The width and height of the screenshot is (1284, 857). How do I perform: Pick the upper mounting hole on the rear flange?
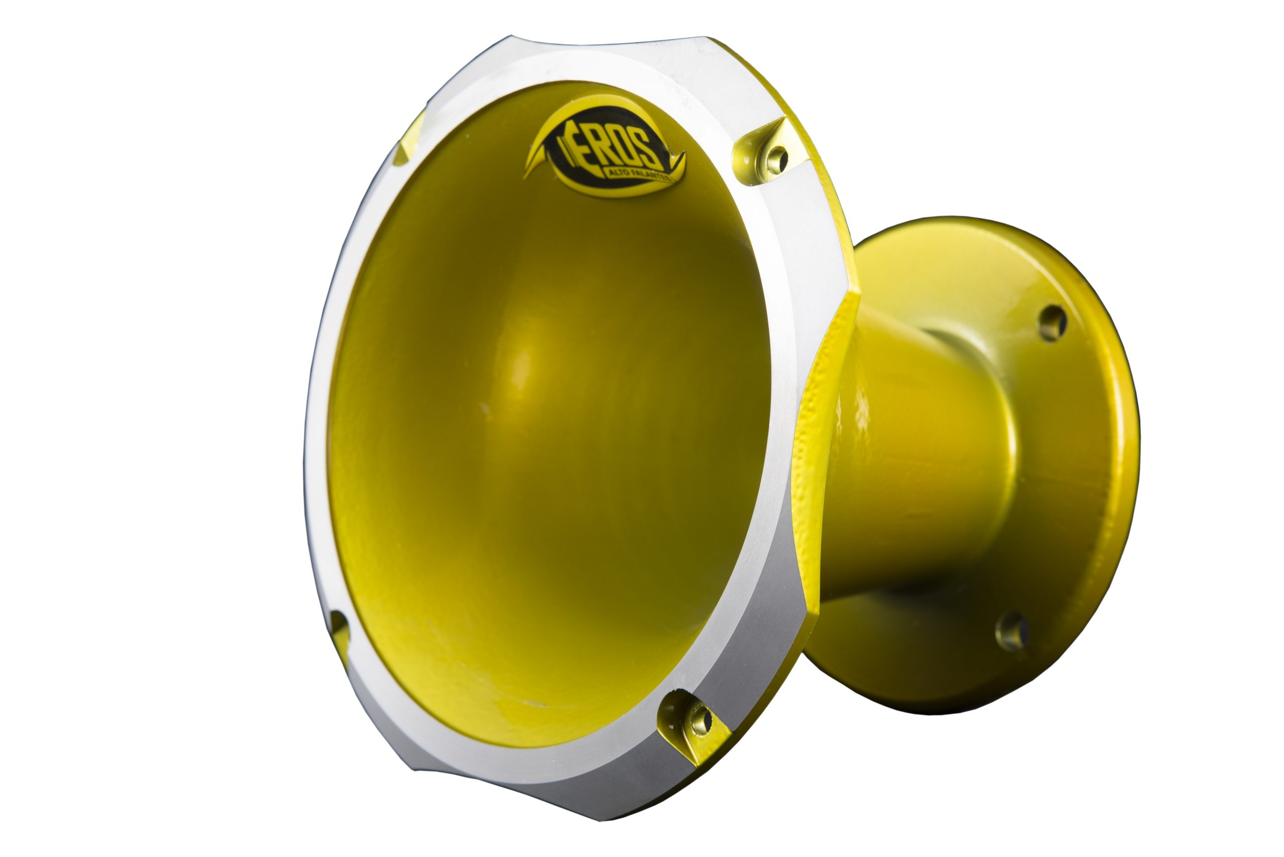coord(1052,323)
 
